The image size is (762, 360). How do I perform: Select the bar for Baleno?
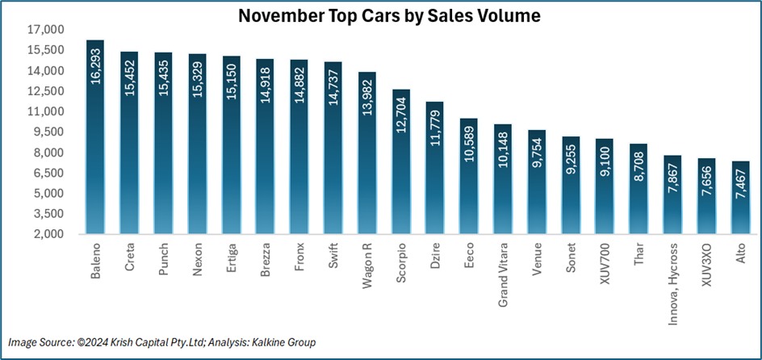pyautogui.click(x=95, y=137)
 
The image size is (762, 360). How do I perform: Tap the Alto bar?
pyautogui.click(x=740, y=198)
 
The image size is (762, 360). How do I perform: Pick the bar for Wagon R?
pyautogui.click(x=366, y=153)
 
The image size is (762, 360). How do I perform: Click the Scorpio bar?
pyautogui.click(x=400, y=161)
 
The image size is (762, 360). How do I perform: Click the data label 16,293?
pyautogui.click(x=96, y=65)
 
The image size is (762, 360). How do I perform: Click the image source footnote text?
pyautogui.click(x=162, y=343)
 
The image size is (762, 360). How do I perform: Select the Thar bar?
pyautogui.click(x=638, y=189)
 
